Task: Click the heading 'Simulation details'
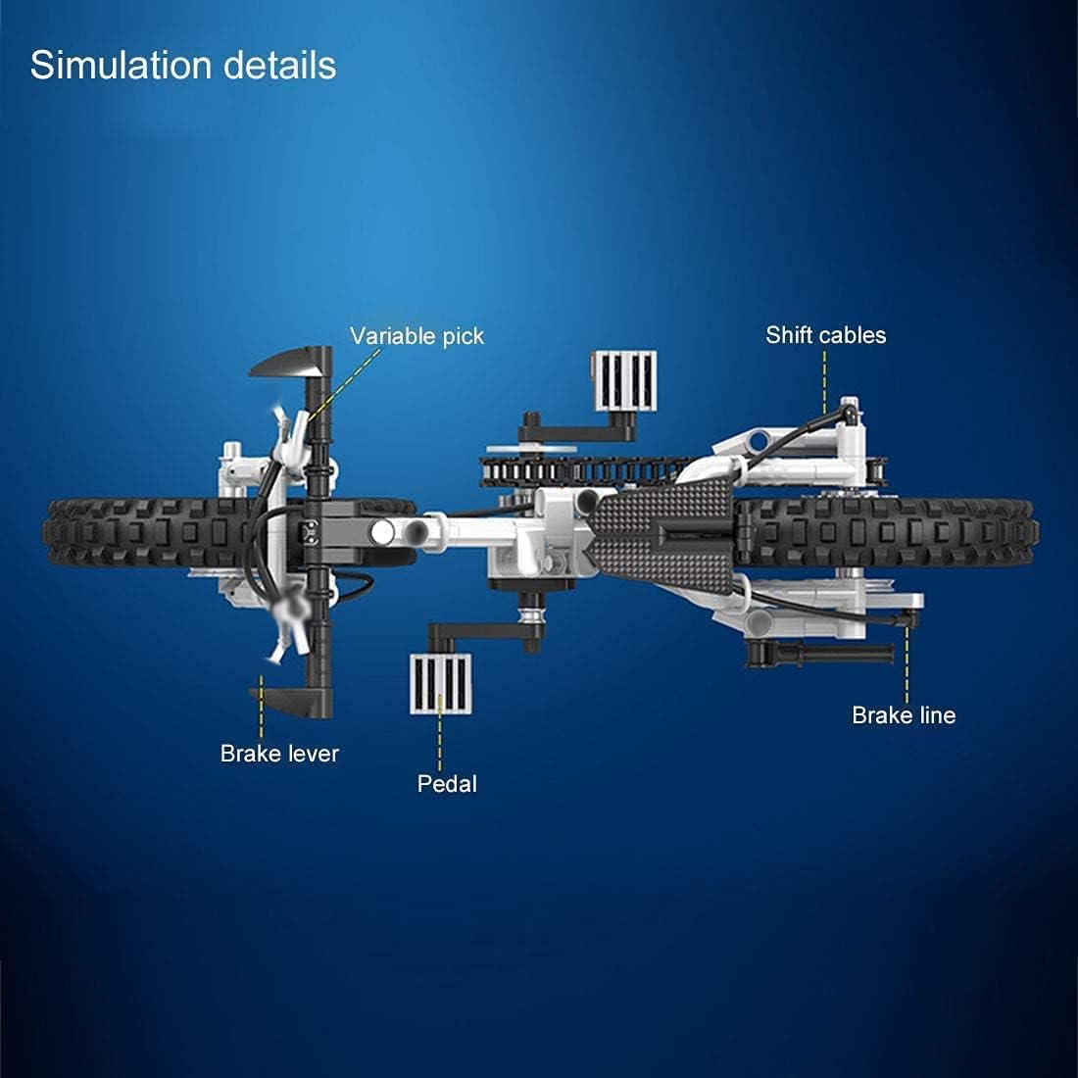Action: pos(183,66)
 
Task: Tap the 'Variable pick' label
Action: pos(416,335)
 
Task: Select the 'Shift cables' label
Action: pos(826,335)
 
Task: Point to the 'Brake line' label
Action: pos(904,715)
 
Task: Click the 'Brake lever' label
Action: pos(279,754)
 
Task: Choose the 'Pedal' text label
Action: pos(447,784)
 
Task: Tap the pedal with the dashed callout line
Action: pos(441,683)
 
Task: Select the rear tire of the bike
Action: pos(887,533)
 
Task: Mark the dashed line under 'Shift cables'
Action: pos(825,381)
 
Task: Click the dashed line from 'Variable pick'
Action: pos(344,384)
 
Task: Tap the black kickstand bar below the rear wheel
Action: pos(819,652)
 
